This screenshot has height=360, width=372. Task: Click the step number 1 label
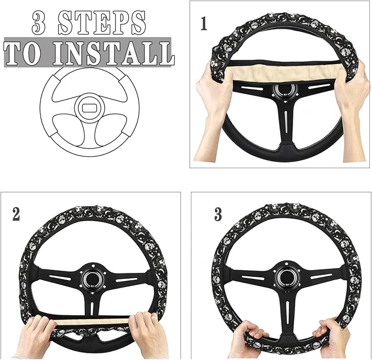(204, 24)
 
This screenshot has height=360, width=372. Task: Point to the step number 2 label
(16, 214)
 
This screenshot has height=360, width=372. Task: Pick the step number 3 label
(218, 214)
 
